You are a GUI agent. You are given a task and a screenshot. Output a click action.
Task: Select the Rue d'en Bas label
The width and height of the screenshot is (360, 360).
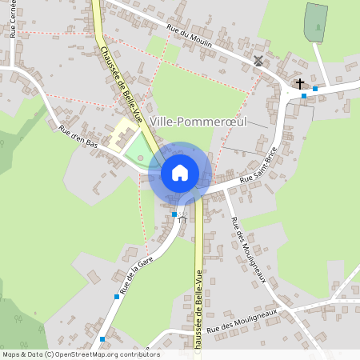tap(78, 138)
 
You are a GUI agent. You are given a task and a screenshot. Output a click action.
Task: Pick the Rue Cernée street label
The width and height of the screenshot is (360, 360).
tap(14, 18)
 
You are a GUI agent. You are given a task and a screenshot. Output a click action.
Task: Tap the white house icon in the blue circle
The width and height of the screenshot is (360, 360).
tap(180, 173)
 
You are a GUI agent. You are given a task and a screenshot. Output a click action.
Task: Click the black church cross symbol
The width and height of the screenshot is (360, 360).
tap(300, 82)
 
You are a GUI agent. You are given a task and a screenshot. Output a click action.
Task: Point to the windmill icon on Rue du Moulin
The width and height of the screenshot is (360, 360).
tap(258, 60)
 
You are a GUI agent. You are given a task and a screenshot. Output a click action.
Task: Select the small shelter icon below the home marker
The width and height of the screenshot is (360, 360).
tap(182, 218)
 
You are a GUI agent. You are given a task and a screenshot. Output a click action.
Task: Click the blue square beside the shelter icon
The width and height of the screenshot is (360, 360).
tap(174, 214)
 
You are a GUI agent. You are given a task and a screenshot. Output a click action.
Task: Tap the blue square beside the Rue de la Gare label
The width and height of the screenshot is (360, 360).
tap(117, 297)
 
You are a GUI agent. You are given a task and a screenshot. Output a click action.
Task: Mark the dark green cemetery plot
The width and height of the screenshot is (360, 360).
tap(315, 22)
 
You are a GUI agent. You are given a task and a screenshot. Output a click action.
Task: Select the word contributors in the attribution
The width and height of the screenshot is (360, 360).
tap(136, 354)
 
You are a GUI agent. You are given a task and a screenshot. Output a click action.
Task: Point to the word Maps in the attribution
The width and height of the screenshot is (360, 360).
tap(10, 354)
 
